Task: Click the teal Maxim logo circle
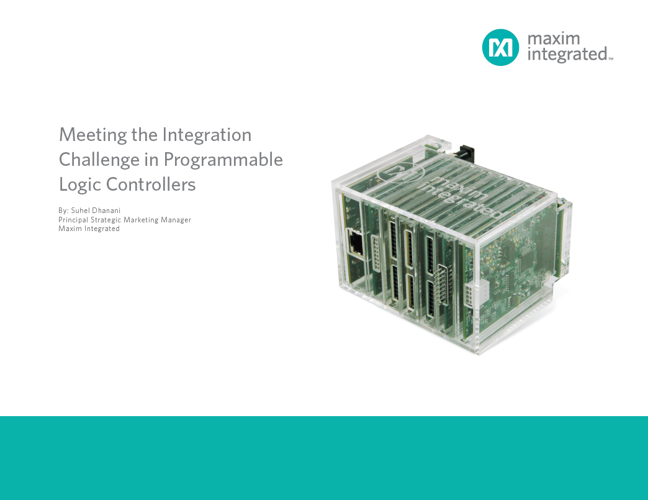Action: click(x=500, y=47)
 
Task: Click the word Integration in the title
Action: click(x=207, y=135)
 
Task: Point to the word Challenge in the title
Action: click(x=99, y=160)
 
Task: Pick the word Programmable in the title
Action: click(x=223, y=160)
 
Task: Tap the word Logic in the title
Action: click(x=79, y=184)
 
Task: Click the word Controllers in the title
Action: click(x=151, y=184)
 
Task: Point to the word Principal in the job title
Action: click(x=74, y=220)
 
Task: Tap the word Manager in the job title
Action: click(x=176, y=220)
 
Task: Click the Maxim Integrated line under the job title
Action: click(x=89, y=229)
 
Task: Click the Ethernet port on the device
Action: click(x=357, y=243)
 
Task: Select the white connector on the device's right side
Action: click(x=481, y=292)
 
